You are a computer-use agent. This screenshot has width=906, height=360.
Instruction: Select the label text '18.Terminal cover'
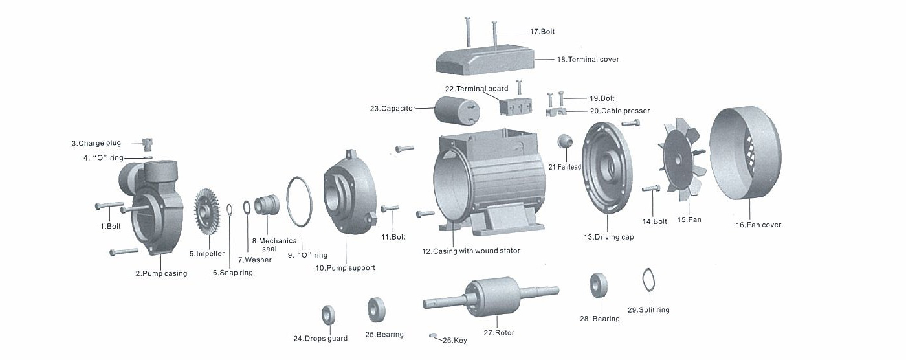(588, 59)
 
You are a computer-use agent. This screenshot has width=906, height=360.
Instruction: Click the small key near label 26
(434, 336)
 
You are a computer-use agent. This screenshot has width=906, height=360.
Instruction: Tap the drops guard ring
(329, 315)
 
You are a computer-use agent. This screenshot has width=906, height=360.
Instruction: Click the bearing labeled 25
(376, 310)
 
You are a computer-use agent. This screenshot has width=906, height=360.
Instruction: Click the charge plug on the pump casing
(146, 142)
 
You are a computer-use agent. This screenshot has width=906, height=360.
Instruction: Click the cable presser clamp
(557, 113)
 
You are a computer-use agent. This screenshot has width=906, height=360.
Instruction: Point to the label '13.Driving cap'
(608, 237)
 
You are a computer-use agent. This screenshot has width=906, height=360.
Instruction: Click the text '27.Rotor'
(499, 333)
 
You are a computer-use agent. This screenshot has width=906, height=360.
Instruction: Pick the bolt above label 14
(651, 188)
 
